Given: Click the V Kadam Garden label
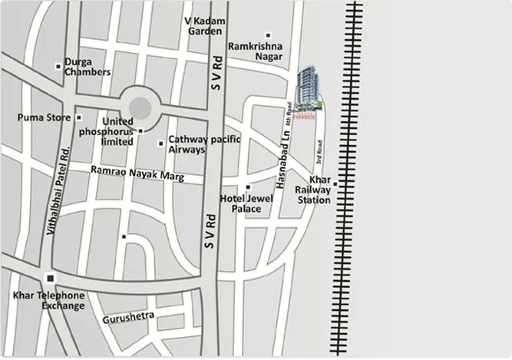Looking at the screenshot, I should pyautogui.click(x=205, y=25).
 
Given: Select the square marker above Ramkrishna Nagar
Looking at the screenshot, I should pyautogui.click(x=269, y=35).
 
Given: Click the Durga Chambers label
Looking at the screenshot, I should pyautogui.click(x=88, y=66).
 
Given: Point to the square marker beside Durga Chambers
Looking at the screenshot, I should pyautogui.click(x=58, y=67).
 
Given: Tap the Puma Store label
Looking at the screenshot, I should pyautogui.click(x=44, y=117).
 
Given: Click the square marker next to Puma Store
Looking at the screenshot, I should pyautogui.click(x=79, y=117).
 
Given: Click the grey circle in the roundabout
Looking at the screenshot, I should pyautogui.click(x=140, y=107).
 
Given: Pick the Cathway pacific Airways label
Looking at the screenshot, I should pyautogui.click(x=204, y=144).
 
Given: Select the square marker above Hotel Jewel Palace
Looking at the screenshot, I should pyautogui.click(x=248, y=187).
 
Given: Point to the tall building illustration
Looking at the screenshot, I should pyautogui.click(x=310, y=88).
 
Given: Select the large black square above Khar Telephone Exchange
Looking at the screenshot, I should pyautogui.click(x=50, y=278).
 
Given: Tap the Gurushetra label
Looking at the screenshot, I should pyautogui.click(x=129, y=316).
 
